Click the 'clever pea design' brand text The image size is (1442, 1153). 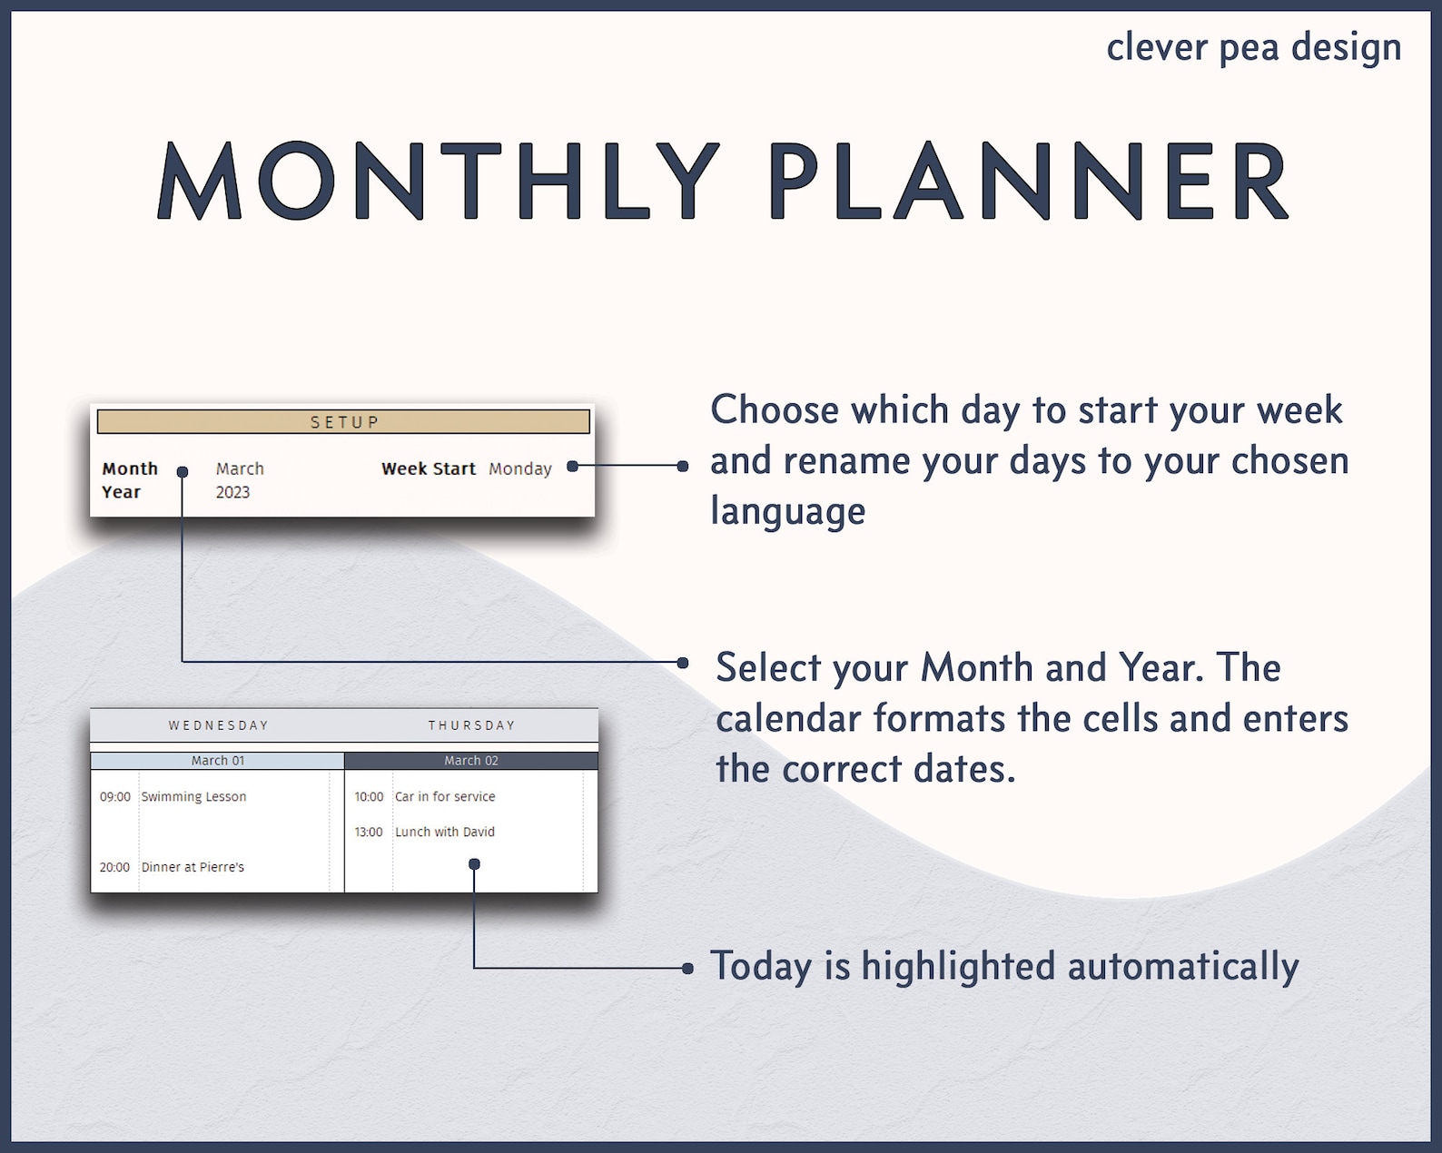[1253, 48]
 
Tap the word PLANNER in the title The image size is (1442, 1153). [1029, 182]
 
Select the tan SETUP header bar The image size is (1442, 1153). [343, 422]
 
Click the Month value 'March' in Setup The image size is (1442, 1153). [240, 468]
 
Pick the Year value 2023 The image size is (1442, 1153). [232, 492]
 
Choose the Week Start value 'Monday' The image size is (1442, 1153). [519, 468]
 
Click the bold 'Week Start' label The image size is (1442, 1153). [428, 468]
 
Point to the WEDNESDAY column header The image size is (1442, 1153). [218, 725]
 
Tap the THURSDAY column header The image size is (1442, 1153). [471, 725]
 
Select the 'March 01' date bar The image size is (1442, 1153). [218, 761]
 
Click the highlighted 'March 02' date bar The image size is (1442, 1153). [471, 761]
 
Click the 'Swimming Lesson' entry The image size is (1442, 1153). [193, 796]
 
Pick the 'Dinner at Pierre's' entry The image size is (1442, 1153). [193, 867]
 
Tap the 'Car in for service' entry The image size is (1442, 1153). [445, 796]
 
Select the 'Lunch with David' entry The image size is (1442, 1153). [445, 832]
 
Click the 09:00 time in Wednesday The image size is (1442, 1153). [115, 796]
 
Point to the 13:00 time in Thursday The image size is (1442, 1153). [369, 832]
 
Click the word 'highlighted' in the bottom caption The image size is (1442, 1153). [958, 967]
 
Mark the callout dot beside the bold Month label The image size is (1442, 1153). [183, 472]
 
